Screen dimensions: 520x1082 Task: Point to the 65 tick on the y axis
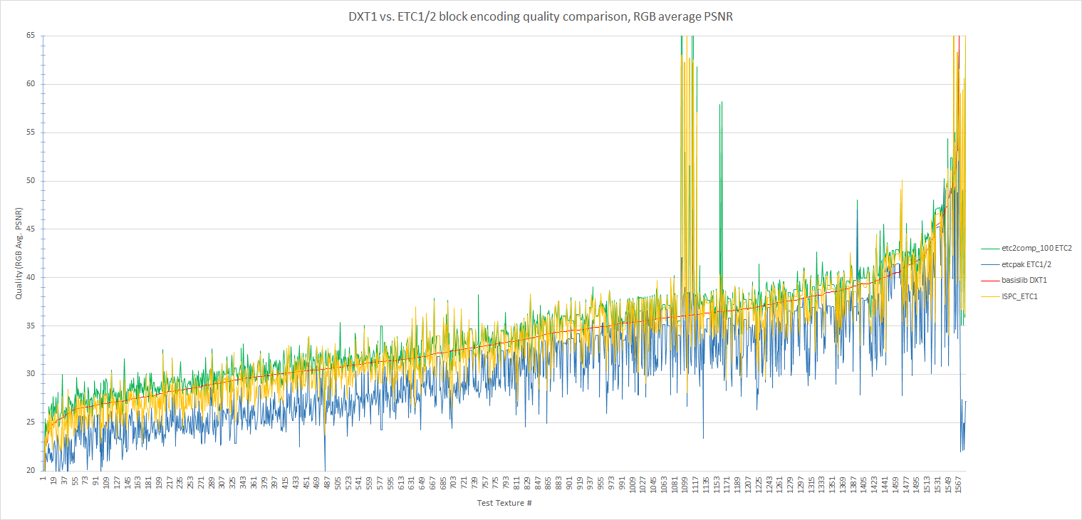click(31, 36)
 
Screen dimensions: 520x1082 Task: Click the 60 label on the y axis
click(31, 84)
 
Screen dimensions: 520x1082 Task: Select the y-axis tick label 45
click(31, 229)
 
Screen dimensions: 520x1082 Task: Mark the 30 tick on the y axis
click(31, 374)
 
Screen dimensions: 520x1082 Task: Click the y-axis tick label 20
click(31, 471)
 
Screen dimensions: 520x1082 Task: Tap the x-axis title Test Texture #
click(504, 504)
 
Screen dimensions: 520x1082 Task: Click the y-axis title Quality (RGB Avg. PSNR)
click(19, 254)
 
